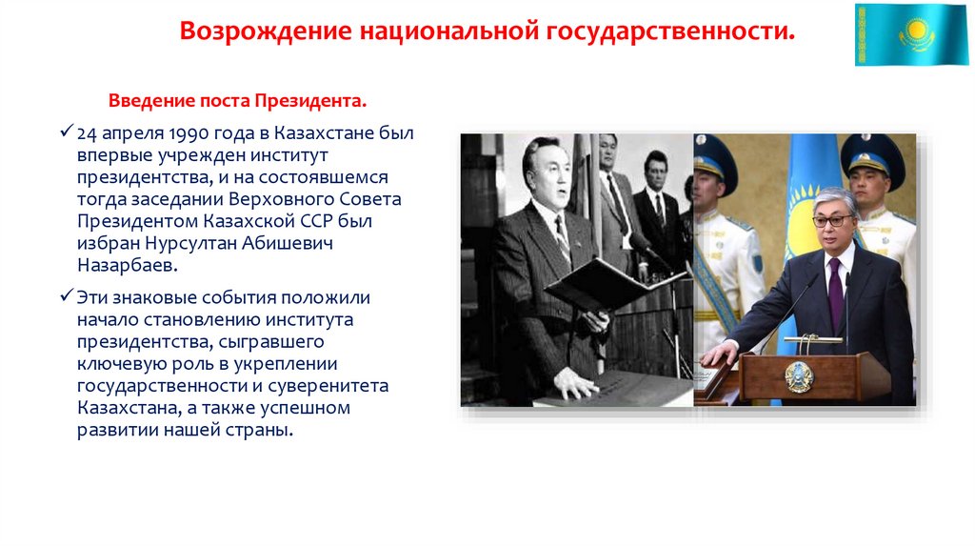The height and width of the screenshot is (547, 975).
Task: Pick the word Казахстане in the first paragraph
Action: tap(328, 132)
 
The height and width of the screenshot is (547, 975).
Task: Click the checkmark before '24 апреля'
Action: tap(66, 132)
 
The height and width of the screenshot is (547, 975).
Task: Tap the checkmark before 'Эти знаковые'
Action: tap(66, 296)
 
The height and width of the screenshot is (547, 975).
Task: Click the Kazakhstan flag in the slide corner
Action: tap(910, 34)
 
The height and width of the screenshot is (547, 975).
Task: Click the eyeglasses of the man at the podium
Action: tap(832, 221)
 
